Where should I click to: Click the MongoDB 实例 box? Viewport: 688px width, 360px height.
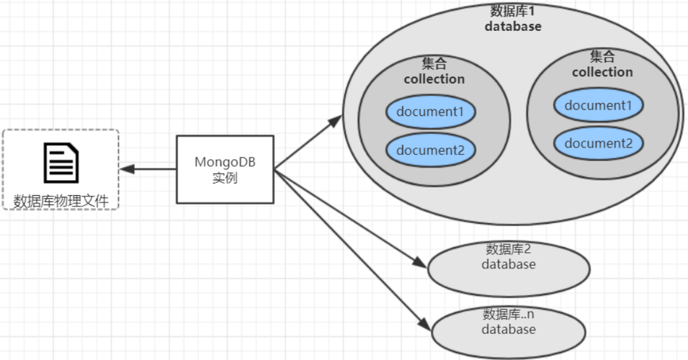pyautogui.click(x=225, y=168)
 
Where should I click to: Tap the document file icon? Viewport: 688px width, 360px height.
pyautogui.click(x=61, y=163)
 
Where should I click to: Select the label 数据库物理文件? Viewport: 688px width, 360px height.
pyautogui.click(x=61, y=201)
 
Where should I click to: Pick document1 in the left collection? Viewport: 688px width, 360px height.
pyautogui.click(x=430, y=112)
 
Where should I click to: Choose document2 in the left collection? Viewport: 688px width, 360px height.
pyautogui.click(x=430, y=150)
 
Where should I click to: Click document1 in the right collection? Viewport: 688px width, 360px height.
pyautogui.click(x=598, y=105)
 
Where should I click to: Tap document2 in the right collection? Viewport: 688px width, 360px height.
pyautogui.click(x=598, y=143)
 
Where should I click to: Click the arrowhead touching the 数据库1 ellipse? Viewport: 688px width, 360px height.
pyautogui.click(x=335, y=120)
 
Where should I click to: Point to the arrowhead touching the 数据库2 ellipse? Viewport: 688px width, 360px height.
pyautogui.click(x=420, y=262)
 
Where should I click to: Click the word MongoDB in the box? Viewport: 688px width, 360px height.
pyautogui.click(x=225, y=161)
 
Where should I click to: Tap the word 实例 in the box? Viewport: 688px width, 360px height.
pyautogui.click(x=225, y=178)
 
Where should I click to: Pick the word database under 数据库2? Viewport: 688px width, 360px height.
pyautogui.click(x=509, y=264)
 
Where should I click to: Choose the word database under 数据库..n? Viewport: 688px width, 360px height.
pyautogui.click(x=509, y=329)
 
